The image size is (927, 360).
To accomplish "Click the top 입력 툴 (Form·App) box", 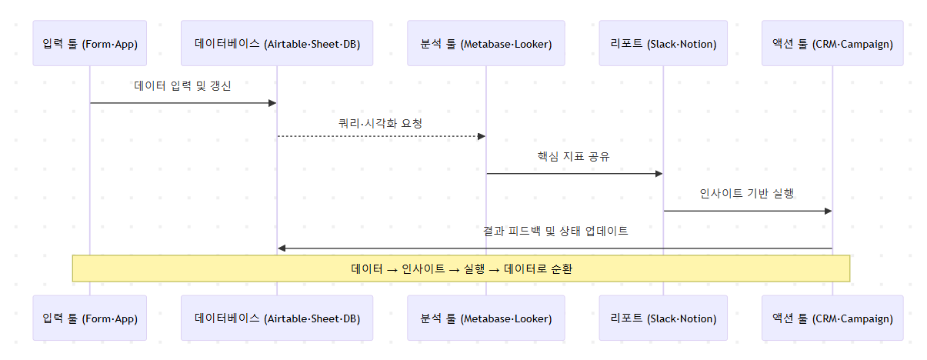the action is pyautogui.click(x=90, y=44).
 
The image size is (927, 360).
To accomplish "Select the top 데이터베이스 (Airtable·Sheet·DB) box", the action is pyautogui.click(x=277, y=44).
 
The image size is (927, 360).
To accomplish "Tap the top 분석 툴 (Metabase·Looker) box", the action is pyautogui.click(x=486, y=44).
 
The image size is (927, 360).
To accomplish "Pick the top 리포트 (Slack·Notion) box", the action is pyautogui.click(x=663, y=44).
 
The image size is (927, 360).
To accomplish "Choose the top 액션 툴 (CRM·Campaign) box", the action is pyautogui.click(x=832, y=44).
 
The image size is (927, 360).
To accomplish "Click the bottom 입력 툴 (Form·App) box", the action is pyautogui.click(x=90, y=318).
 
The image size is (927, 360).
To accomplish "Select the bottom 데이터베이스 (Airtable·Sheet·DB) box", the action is pyautogui.click(x=277, y=318).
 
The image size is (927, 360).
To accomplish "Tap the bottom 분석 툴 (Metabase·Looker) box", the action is pyautogui.click(x=486, y=318).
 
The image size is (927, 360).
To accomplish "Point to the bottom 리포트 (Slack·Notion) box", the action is pyautogui.click(x=663, y=318).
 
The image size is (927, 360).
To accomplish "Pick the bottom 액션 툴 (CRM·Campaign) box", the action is pyautogui.click(x=832, y=318).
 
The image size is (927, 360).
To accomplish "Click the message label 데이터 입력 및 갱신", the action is pyautogui.click(x=182, y=86).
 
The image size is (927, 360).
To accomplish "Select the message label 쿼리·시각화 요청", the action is pyautogui.click(x=381, y=123).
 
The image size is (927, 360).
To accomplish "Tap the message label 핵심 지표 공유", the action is pyautogui.click(x=574, y=156).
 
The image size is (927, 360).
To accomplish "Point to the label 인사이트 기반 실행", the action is pyautogui.click(x=747, y=193).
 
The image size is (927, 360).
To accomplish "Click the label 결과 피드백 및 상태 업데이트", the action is pyautogui.click(x=555, y=231).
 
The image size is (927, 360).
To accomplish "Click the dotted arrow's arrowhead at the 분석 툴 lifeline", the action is pyautogui.click(x=482, y=136).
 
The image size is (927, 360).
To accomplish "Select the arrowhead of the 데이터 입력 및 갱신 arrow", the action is pyautogui.click(x=272, y=103).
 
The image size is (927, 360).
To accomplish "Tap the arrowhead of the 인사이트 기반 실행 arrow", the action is pyautogui.click(x=828, y=211).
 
